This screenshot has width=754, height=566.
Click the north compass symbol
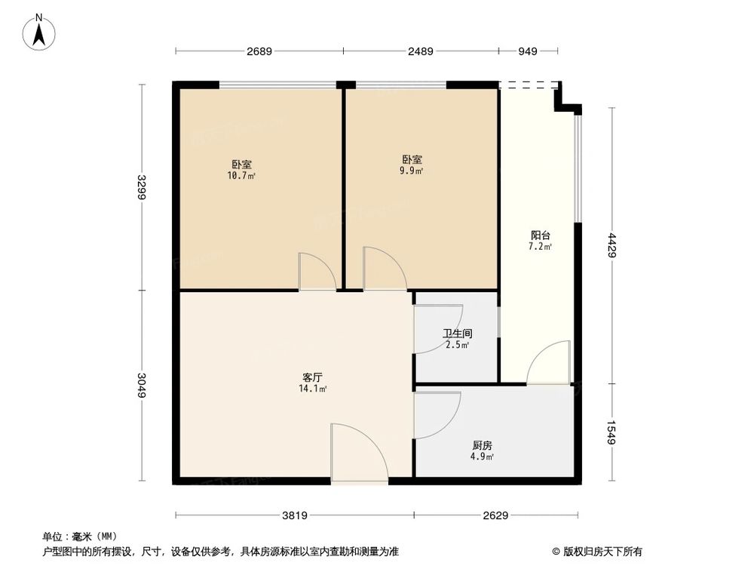[x=39, y=33]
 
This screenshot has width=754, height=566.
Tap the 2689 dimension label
[x=259, y=51]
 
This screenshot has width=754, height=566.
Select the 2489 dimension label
[x=421, y=51]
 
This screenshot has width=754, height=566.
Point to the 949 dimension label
[x=528, y=51]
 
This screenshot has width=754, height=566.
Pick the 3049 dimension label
[x=142, y=385]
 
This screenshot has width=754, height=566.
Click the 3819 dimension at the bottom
[x=295, y=516]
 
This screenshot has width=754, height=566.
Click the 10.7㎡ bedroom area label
[x=241, y=170]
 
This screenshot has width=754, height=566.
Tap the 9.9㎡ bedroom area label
[x=412, y=165]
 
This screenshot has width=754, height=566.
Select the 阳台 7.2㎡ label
[x=540, y=241]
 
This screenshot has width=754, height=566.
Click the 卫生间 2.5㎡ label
[x=458, y=339]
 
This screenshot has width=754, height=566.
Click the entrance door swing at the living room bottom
[x=357, y=453]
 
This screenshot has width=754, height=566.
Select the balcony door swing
[x=550, y=364]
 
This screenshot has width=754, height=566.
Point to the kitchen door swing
[x=436, y=415]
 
